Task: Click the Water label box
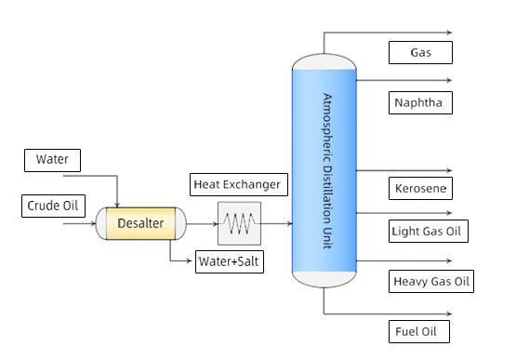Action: (x=52, y=160)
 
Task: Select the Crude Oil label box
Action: (x=53, y=206)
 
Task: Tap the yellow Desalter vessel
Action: (x=140, y=223)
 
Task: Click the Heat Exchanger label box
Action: (x=239, y=184)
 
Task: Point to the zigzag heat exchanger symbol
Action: (x=239, y=223)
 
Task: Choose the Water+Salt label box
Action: (x=230, y=261)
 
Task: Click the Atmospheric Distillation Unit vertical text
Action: (x=327, y=171)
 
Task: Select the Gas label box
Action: (x=420, y=52)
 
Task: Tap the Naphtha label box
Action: (x=420, y=102)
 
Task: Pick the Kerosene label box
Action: (x=420, y=189)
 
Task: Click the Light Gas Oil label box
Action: (x=428, y=232)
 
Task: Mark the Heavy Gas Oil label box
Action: (x=431, y=281)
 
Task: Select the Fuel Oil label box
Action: (x=419, y=332)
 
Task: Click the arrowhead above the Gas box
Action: (x=449, y=33)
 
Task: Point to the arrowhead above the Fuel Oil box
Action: (x=449, y=313)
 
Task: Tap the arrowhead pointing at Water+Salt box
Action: (x=190, y=260)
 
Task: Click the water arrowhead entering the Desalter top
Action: (x=117, y=206)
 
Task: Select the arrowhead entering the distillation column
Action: (x=289, y=223)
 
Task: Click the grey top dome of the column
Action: (x=324, y=61)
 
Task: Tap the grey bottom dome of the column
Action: (x=324, y=279)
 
